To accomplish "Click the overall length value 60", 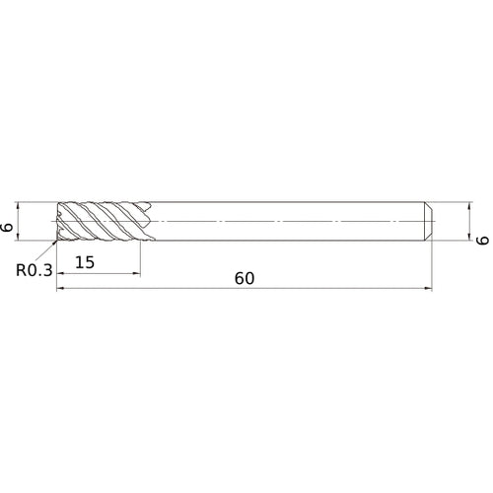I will [245, 278].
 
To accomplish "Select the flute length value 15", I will [84, 263].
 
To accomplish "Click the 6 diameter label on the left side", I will [9, 226].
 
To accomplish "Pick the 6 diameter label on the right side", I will [482, 239].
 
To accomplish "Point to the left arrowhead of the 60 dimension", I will [60, 289].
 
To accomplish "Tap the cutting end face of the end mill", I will [59, 222].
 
